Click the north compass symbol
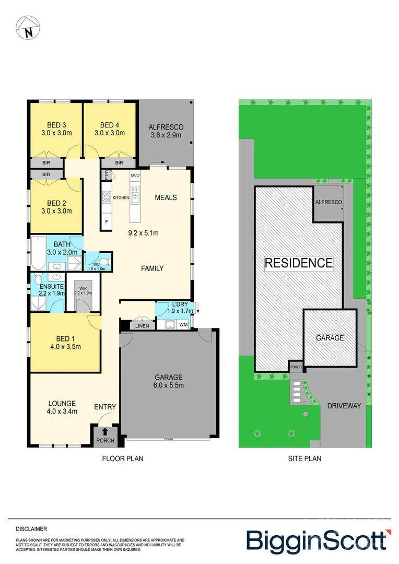pyautogui.click(x=27, y=27)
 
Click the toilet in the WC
pyautogui.click(x=104, y=262)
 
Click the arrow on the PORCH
pyautogui.click(x=105, y=431)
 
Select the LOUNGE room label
pyautogui.click(x=62, y=403)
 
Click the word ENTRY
pyautogui.click(x=105, y=407)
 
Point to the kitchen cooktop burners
pyautogui.click(x=107, y=197)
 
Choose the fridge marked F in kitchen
pyautogui.click(x=107, y=222)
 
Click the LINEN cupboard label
pyautogui.click(x=142, y=326)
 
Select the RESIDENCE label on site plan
pyautogui.click(x=298, y=263)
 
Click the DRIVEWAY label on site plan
pyautogui.click(x=344, y=405)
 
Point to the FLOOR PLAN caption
pyautogui.click(x=122, y=459)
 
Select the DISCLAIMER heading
pyautogui.click(x=31, y=528)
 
